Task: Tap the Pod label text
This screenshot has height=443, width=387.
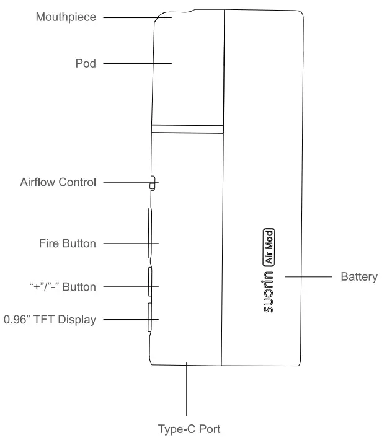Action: [86, 63]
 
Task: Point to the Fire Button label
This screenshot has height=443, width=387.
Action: [68, 243]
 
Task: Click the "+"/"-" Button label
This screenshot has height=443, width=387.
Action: [63, 287]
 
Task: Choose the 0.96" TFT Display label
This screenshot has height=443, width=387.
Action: [50, 320]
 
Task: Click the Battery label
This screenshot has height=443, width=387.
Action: [358, 277]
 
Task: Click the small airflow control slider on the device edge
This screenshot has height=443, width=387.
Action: [152, 183]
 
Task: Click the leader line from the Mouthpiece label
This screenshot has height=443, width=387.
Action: [130, 18]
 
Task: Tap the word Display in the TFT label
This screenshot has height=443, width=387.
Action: [78, 320]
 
